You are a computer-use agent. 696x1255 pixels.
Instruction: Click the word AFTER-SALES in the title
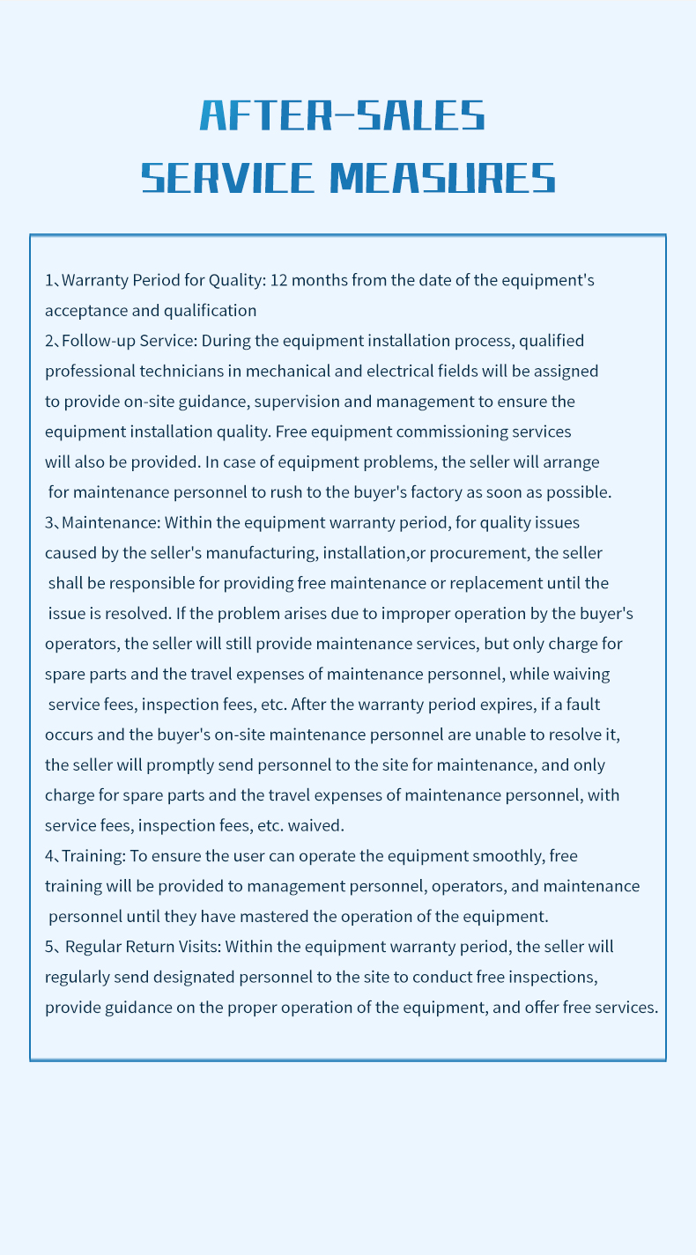(x=343, y=115)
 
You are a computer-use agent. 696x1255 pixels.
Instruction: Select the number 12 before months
(x=278, y=281)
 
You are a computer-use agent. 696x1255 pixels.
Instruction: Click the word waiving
(x=582, y=675)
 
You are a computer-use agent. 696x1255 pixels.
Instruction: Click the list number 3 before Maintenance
(x=49, y=523)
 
